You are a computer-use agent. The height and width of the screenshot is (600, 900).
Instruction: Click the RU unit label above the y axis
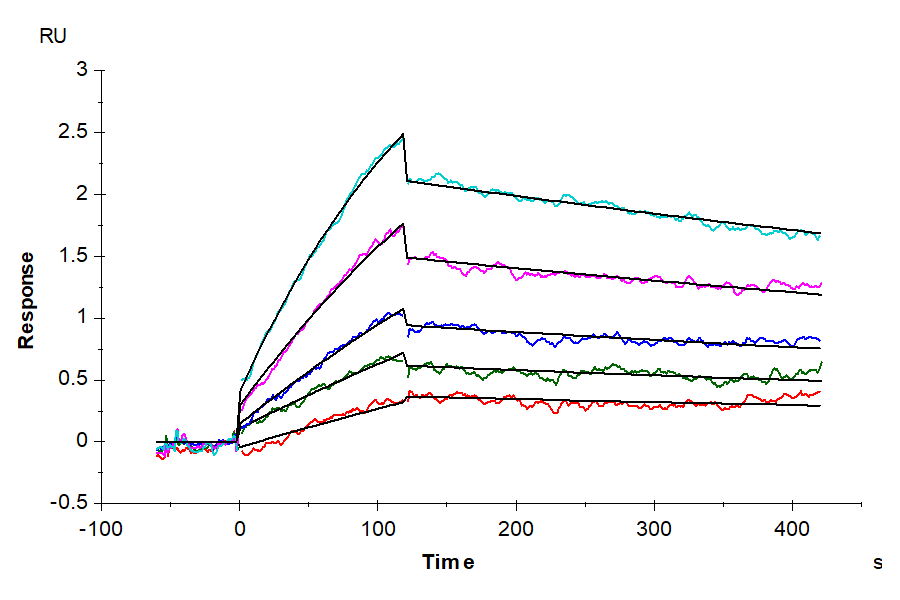(53, 37)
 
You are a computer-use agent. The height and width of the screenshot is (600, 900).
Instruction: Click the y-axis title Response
(26, 300)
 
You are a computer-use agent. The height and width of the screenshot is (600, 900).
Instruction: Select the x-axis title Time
(447, 562)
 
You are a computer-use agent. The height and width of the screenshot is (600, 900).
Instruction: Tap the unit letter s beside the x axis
(878, 563)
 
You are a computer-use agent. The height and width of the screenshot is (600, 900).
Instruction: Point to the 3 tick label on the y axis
(83, 70)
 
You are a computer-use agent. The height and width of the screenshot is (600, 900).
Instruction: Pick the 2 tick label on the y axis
(83, 194)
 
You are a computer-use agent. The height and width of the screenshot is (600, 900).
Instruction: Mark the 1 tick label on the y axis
(83, 318)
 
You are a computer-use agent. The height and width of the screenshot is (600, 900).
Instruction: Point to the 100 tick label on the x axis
(377, 527)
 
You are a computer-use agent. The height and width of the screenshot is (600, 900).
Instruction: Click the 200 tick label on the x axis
(516, 527)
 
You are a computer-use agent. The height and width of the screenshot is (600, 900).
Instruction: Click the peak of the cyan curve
(402, 135)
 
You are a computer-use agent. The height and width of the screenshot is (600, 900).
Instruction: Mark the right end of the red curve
(820, 392)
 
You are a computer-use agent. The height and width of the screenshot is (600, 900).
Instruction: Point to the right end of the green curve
(821, 362)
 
